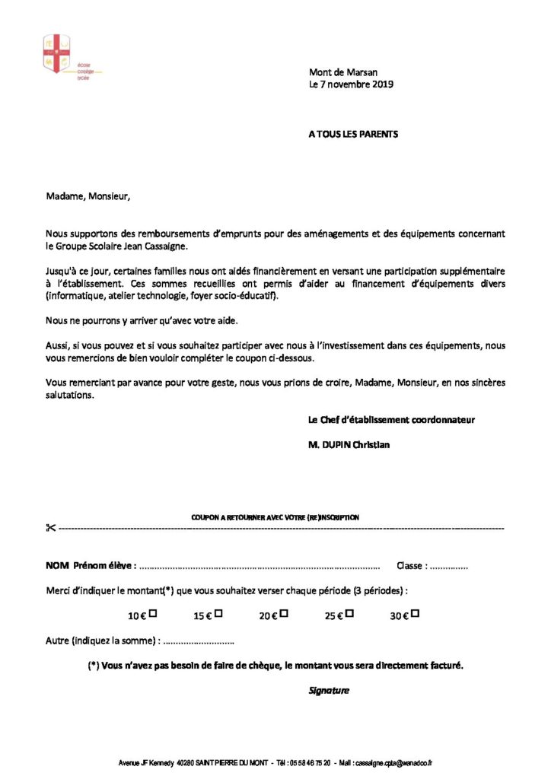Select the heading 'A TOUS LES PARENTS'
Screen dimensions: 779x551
pyautogui.click(x=353, y=134)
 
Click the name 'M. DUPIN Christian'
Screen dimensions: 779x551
pyautogui.click(x=349, y=445)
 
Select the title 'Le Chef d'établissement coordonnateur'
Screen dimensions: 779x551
pyautogui.click(x=392, y=419)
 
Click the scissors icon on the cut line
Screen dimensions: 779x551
pyautogui.click(x=51, y=528)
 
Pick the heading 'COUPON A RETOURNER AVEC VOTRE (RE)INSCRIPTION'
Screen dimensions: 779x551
pyautogui.click(x=275, y=517)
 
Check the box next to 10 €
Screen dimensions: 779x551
pyautogui.click(x=153, y=613)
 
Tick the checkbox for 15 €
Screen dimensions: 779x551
pyautogui.click(x=218, y=613)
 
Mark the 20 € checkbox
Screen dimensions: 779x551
pyautogui.click(x=284, y=613)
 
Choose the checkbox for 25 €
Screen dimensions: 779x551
pyautogui.click(x=350, y=613)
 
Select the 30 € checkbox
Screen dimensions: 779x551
pyautogui.click(x=416, y=613)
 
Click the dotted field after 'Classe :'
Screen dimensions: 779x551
pyautogui.click(x=449, y=567)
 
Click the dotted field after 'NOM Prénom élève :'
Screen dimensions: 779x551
pyautogui.click(x=260, y=567)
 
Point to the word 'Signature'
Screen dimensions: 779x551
pyautogui.click(x=329, y=691)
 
